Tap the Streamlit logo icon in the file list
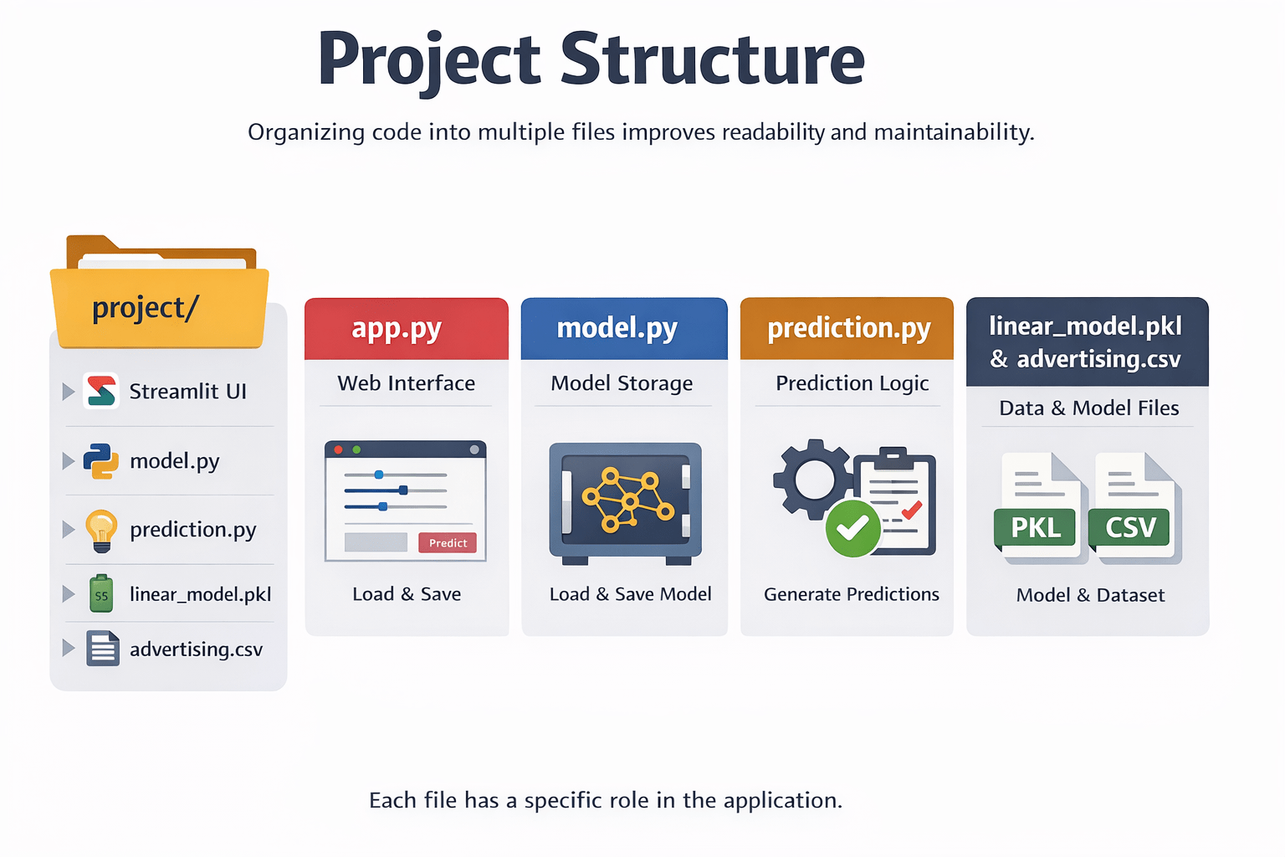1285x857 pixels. pyautogui.click(x=101, y=391)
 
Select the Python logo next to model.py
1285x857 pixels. pyautogui.click(x=101, y=460)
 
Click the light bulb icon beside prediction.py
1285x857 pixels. pyautogui.click(x=101, y=531)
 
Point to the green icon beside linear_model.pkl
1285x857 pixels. pyautogui.click(x=101, y=593)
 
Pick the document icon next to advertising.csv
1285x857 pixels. pyautogui.click(x=102, y=649)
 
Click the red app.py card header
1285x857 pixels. pyautogui.click(x=407, y=329)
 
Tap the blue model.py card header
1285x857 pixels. pyautogui.click(x=624, y=329)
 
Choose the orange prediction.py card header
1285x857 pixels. pyautogui.click(x=847, y=329)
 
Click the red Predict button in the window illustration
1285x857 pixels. pyautogui.click(x=448, y=543)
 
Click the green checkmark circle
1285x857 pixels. pyautogui.click(x=852, y=527)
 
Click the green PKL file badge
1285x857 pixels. pyautogui.click(x=1035, y=527)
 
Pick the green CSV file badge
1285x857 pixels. pyautogui.click(x=1129, y=527)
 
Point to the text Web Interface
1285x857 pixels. pyautogui.click(x=407, y=383)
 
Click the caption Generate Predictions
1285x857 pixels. pyautogui.click(x=852, y=594)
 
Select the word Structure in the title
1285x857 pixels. pyautogui.click(x=712, y=60)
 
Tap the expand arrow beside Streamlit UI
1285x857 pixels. pyautogui.click(x=69, y=391)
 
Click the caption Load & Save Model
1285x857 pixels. pyautogui.click(x=630, y=594)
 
